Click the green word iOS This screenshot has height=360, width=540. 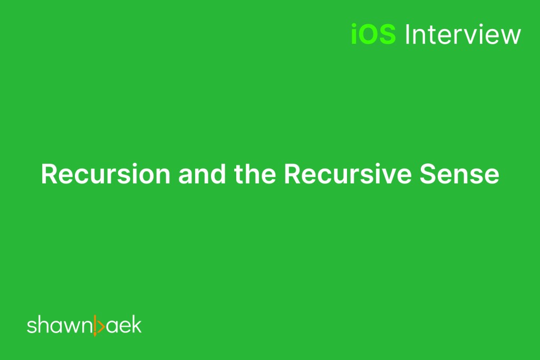pos(373,35)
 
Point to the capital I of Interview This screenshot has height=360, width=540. pos(407,35)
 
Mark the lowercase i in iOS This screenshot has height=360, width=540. pos(354,35)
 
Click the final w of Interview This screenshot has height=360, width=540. pos(511,36)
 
